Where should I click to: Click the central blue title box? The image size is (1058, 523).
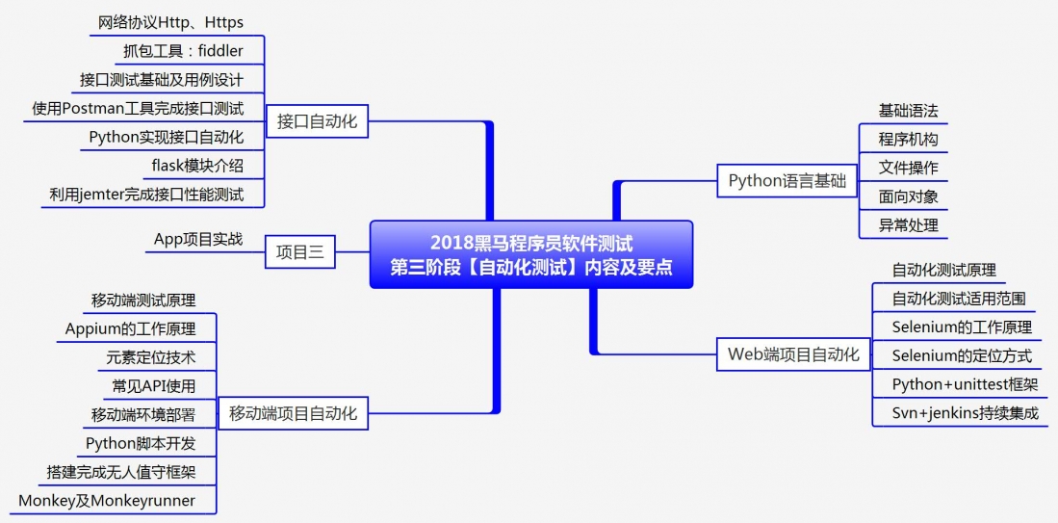coord(531,254)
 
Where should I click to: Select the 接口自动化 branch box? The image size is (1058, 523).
coord(317,121)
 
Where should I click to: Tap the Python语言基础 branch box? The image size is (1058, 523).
coord(787,180)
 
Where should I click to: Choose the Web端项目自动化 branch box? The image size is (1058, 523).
coord(793,354)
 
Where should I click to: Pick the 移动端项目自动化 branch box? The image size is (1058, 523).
coord(293,414)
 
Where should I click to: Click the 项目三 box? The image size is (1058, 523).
coord(299,253)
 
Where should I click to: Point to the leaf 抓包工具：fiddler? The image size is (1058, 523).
coord(183,50)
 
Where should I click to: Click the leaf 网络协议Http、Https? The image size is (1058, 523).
coord(170,21)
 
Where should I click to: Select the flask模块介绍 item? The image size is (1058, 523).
coord(197,166)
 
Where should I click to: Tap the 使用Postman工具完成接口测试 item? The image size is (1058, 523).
coord(138,108)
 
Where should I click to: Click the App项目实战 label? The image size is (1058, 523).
coord(198,239)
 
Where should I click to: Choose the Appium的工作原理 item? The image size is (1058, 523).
coord(131,328)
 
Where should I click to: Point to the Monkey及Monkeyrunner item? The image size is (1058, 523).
coord(107,501)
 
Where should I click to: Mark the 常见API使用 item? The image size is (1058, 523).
coord(154,386)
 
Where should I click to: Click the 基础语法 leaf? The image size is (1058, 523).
coord(908,111)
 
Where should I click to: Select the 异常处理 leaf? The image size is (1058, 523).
coord(908,226)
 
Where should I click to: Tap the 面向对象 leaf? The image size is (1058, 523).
coord(908,197)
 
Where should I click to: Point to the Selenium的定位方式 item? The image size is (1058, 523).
coord(962,356)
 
